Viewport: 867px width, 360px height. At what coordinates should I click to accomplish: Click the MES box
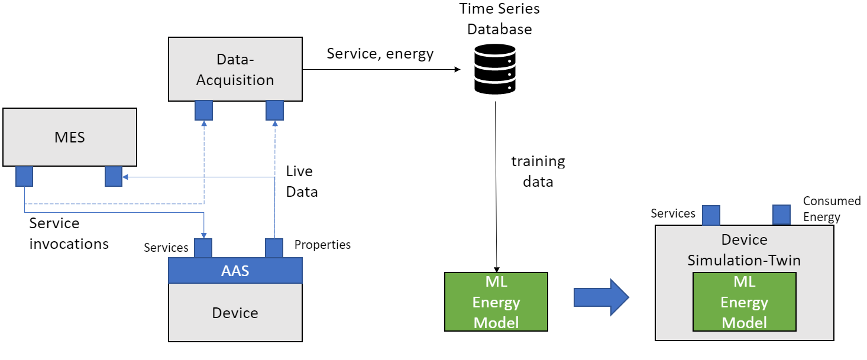70,137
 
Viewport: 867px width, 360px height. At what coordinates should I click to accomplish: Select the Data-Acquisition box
235,69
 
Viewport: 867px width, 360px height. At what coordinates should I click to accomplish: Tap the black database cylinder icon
494,69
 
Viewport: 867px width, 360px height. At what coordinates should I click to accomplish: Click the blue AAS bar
235,270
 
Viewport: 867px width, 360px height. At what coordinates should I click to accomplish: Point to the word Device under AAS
235,313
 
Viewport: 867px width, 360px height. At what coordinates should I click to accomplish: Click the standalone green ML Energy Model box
496,301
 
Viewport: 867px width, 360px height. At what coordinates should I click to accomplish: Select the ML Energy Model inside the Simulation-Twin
745,301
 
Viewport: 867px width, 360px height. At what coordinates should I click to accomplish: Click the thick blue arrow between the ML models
601,297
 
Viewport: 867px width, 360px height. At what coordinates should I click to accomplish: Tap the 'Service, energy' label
380,54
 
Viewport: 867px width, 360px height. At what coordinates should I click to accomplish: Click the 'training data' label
538,171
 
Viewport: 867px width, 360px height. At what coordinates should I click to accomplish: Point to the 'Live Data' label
302,181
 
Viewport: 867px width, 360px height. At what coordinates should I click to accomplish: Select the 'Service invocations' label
69,233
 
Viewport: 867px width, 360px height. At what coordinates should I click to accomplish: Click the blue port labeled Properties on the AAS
274,248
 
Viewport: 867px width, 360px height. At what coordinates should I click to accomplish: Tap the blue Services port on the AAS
203,248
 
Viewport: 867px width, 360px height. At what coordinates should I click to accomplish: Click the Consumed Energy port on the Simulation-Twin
781,215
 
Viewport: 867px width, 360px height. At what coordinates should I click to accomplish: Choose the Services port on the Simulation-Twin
711,215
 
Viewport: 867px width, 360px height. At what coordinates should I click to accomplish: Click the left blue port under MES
24,176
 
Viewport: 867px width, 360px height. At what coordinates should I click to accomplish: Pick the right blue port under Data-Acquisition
275,111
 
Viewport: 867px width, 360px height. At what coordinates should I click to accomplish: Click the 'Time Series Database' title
499,19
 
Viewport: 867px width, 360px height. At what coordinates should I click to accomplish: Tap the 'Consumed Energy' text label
832,209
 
